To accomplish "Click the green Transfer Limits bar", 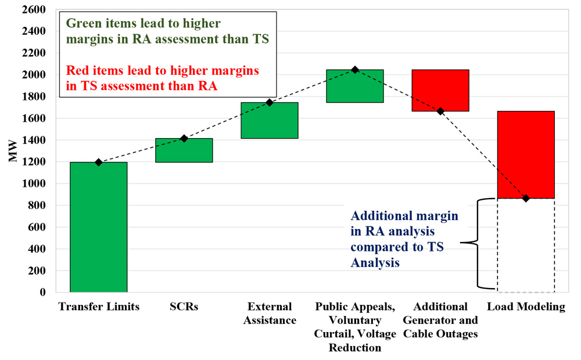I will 98,227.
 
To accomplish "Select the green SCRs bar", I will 184,150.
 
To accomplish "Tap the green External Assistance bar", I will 269,120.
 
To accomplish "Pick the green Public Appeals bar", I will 354,86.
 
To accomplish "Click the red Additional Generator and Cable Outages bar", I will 440,90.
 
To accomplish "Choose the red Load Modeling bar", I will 526,154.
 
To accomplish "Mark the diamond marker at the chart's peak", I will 354,70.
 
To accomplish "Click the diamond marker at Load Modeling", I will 526,199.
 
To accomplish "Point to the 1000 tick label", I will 34,184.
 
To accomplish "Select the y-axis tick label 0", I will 43,293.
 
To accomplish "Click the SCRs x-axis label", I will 184,307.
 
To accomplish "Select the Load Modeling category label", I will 526,307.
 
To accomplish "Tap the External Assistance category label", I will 269,313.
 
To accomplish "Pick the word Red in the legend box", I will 77,71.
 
